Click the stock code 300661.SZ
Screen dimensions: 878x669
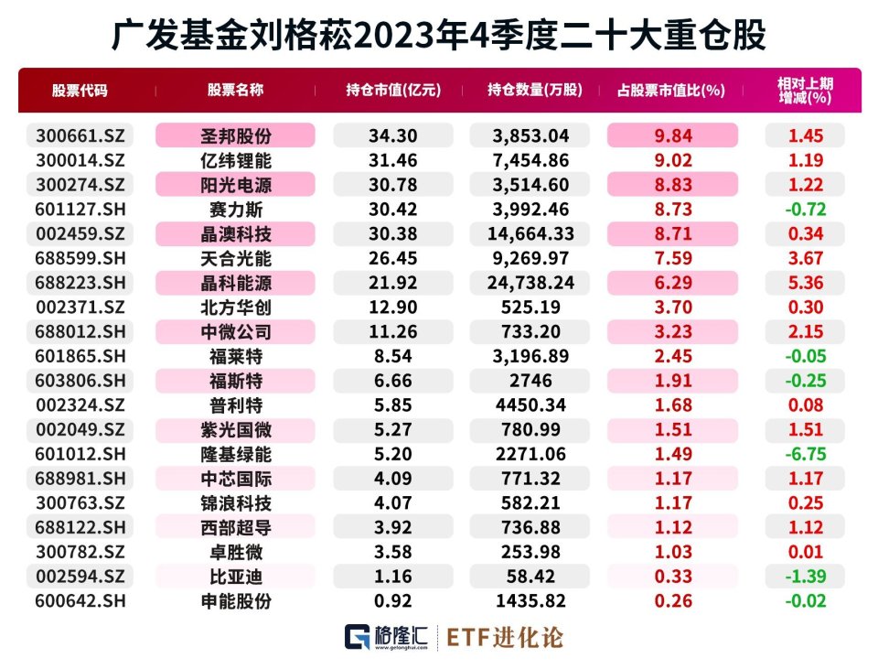80,135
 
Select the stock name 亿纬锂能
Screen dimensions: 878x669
236,160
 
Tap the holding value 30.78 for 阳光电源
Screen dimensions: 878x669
392,185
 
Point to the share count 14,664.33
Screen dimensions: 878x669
530,233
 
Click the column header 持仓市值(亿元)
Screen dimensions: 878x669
393,90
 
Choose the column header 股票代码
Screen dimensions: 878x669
80,91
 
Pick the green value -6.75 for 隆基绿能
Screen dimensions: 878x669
805,454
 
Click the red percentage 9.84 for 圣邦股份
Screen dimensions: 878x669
673,135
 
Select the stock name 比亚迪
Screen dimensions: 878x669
236,577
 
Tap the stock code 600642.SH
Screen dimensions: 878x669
80,600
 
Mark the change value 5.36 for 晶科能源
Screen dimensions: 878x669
805,283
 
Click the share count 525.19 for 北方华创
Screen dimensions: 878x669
530,308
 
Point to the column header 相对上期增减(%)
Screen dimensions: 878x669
805,91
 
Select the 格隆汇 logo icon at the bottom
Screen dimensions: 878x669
358,637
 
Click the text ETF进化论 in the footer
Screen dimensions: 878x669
505,637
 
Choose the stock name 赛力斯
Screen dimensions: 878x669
236,210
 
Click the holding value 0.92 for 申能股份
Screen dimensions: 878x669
392,600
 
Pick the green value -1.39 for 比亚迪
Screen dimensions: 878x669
805,576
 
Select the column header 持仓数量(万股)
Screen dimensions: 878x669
535,90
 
